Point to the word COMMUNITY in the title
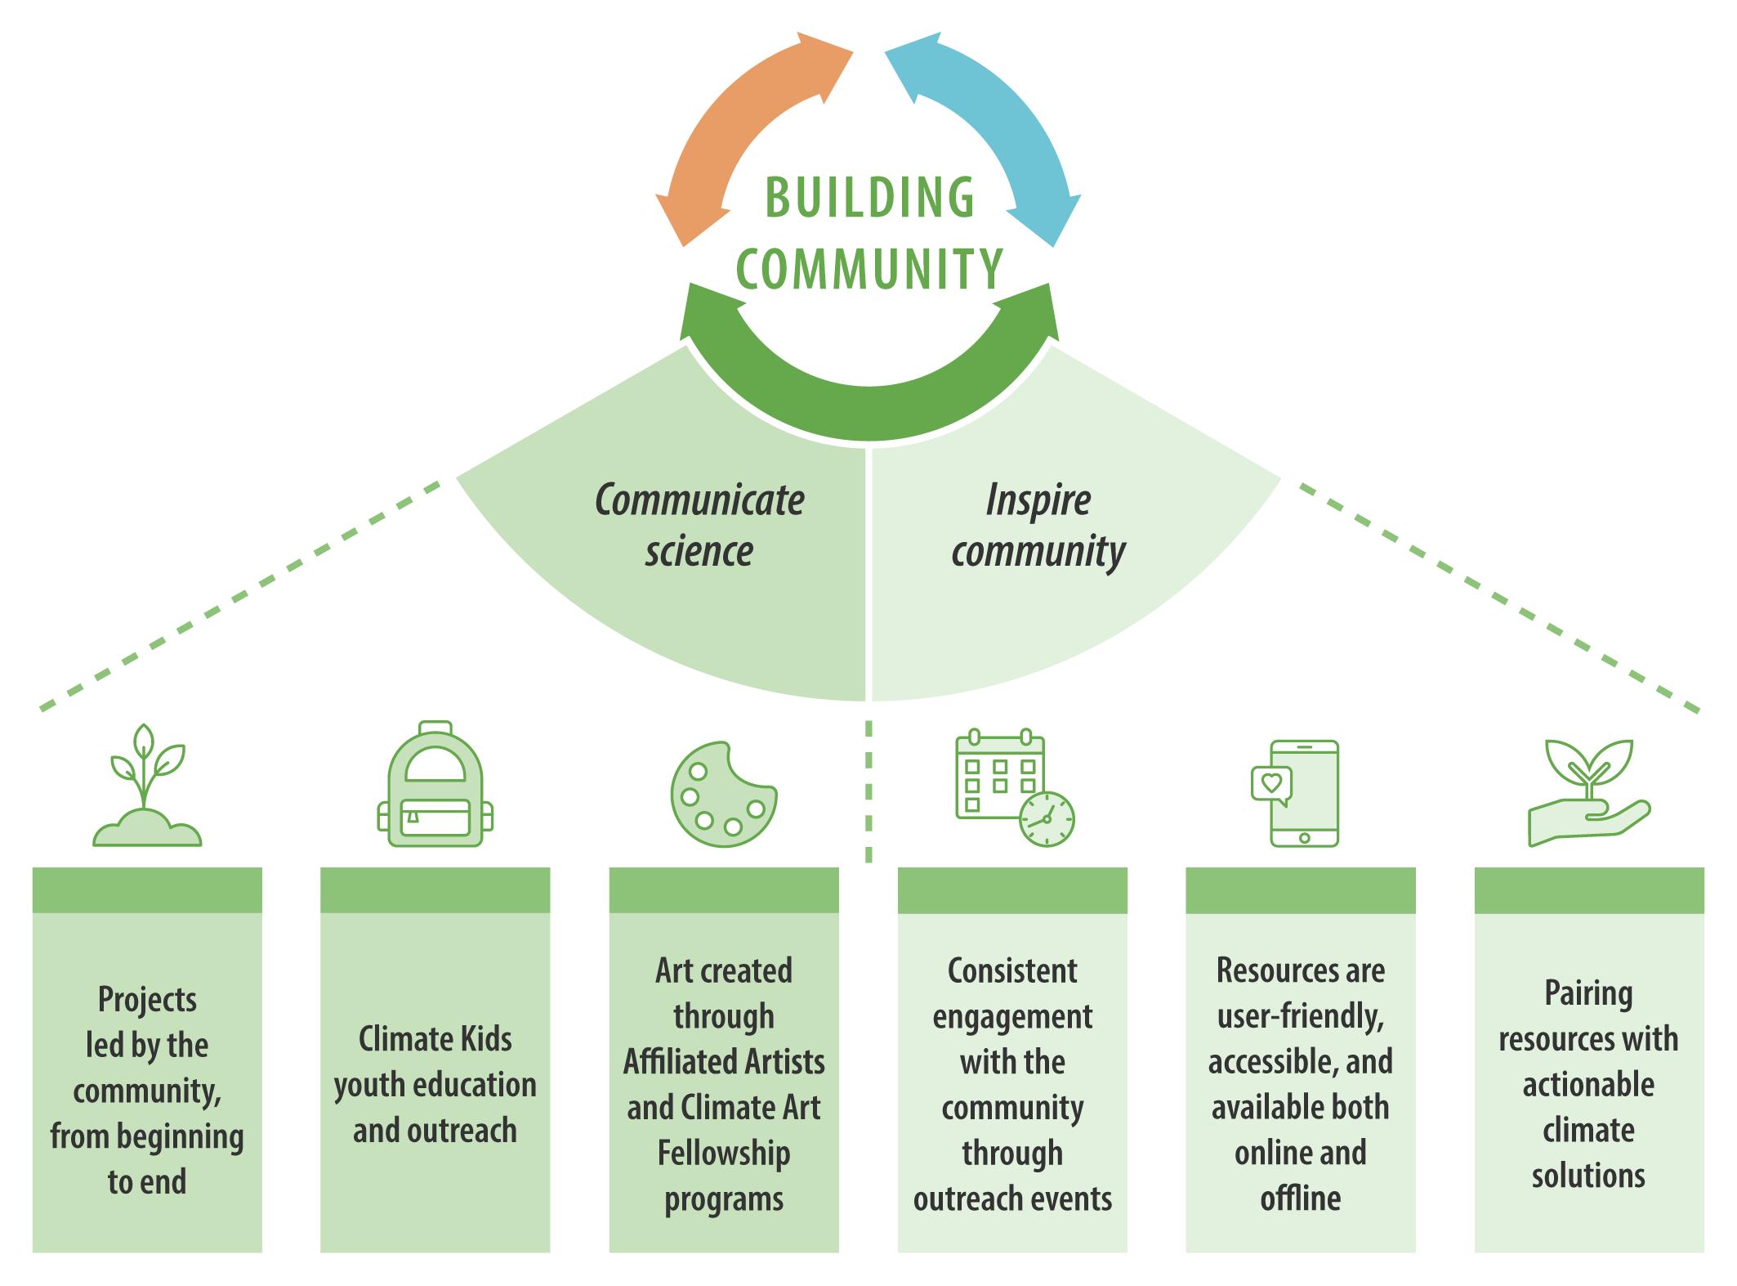tap(869, 268)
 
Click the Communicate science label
tap(699, 525)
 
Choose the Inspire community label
tap(1038, 525)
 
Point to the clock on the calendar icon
tap(1047, 818)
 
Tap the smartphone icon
tap(1305, 793)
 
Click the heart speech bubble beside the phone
tap(1270, 783)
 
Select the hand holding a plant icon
tap(1588, 793)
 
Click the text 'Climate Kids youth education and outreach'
tap(435, 1085)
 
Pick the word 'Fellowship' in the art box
tap(724, 1154)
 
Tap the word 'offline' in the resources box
tap(1300, 1199)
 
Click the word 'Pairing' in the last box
tap(1588, 994)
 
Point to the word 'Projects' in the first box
tap(147, 999)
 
